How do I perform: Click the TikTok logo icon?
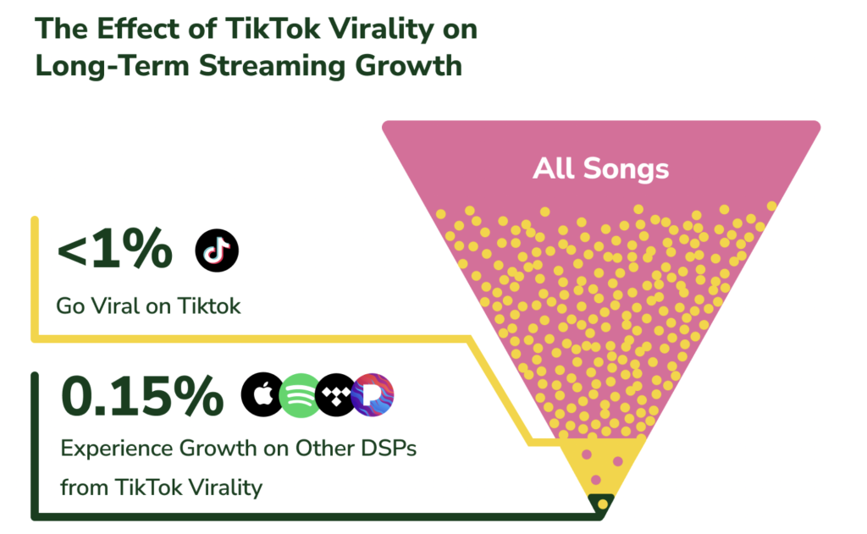point(217,250)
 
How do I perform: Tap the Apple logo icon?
point(262,395)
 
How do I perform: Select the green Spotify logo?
point(299,395)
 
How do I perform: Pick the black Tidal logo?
point(336,395)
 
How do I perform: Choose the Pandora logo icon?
point(373,395)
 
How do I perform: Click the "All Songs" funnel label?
point(600,168)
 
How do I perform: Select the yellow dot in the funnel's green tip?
point(602,504)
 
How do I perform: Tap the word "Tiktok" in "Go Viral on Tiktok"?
point(209,306)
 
